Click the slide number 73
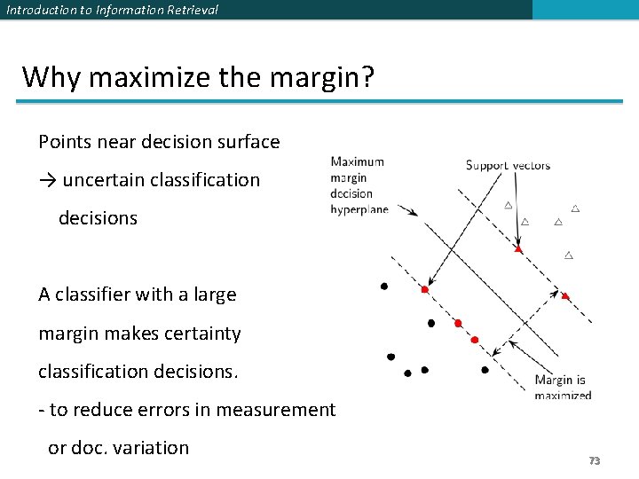pos(595,460)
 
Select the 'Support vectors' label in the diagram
pos(508,165)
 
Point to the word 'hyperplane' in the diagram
pos(359,209)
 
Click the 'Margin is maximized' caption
pos(562,388)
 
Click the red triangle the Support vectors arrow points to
pos(518,249)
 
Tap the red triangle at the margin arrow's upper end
pos(565,295)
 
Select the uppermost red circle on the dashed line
pos(425,290)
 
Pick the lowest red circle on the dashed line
pos(475,340)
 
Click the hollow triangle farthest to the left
pos(509,205)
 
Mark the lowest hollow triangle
pos(569,255)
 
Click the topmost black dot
pos(383,287)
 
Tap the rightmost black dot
pos(485,370)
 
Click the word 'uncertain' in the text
pos(104,180)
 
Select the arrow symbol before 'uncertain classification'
pos(48,180)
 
